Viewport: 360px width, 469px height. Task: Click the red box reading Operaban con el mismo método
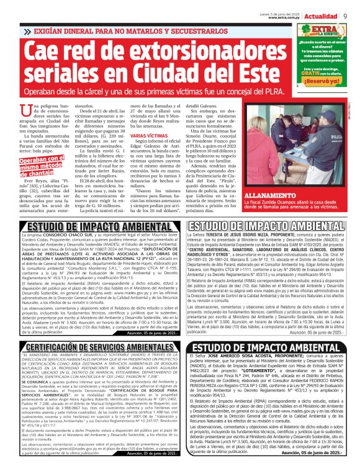pos(39,163)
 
